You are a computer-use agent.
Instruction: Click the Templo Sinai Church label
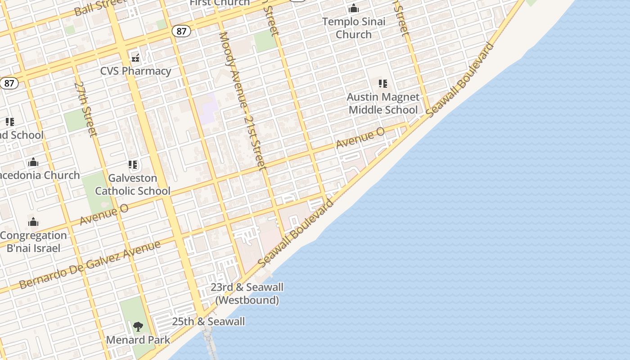tap(354, 28)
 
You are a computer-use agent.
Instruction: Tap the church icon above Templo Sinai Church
tap(354, 9)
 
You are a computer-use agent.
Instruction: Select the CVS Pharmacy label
tap(135, 71)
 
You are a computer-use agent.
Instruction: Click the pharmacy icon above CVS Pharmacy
tap(135, 58)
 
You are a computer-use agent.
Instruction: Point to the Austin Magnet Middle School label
tap(383, 103)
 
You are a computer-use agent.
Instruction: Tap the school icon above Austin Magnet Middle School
tap(383, 84)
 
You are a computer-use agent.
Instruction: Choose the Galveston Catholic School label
tap(133, 184)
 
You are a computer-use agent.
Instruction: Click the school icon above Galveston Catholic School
tap(132, 165)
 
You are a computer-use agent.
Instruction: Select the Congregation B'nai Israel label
tap(33, 242)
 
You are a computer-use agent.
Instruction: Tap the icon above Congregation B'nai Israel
tap(33, 222)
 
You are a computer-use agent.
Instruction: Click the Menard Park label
tap(138, 340)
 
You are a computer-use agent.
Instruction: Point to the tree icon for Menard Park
tap(138, 326)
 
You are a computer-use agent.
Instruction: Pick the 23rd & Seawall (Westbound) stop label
tap(247, 293)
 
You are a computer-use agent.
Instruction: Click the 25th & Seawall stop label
tap(208, 322)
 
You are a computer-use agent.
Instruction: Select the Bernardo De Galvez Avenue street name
tap(90, 265)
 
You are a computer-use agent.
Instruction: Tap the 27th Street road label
tap(85, 109)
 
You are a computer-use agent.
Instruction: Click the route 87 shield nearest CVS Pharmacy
tap(181, 31)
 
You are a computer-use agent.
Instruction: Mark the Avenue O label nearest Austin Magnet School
tap(360, 138)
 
